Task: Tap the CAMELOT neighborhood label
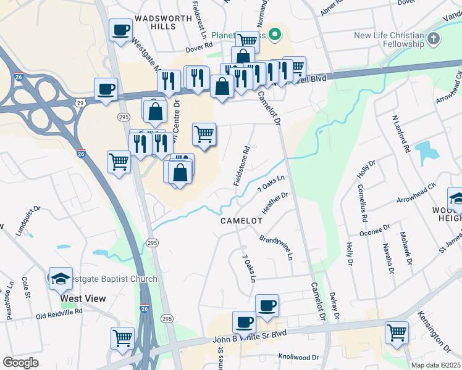coord(238,221)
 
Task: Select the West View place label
coord(83,298)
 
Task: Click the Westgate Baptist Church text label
coord(111,279)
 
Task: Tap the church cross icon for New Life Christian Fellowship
coord(434,39)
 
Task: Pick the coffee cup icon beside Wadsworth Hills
coord(120,29)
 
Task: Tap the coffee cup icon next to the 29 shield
coord(106,88)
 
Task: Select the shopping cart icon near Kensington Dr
coord(397,332)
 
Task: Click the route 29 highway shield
coord(80,101)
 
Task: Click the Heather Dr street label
coord(275,203)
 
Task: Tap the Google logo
coord(20,363)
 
